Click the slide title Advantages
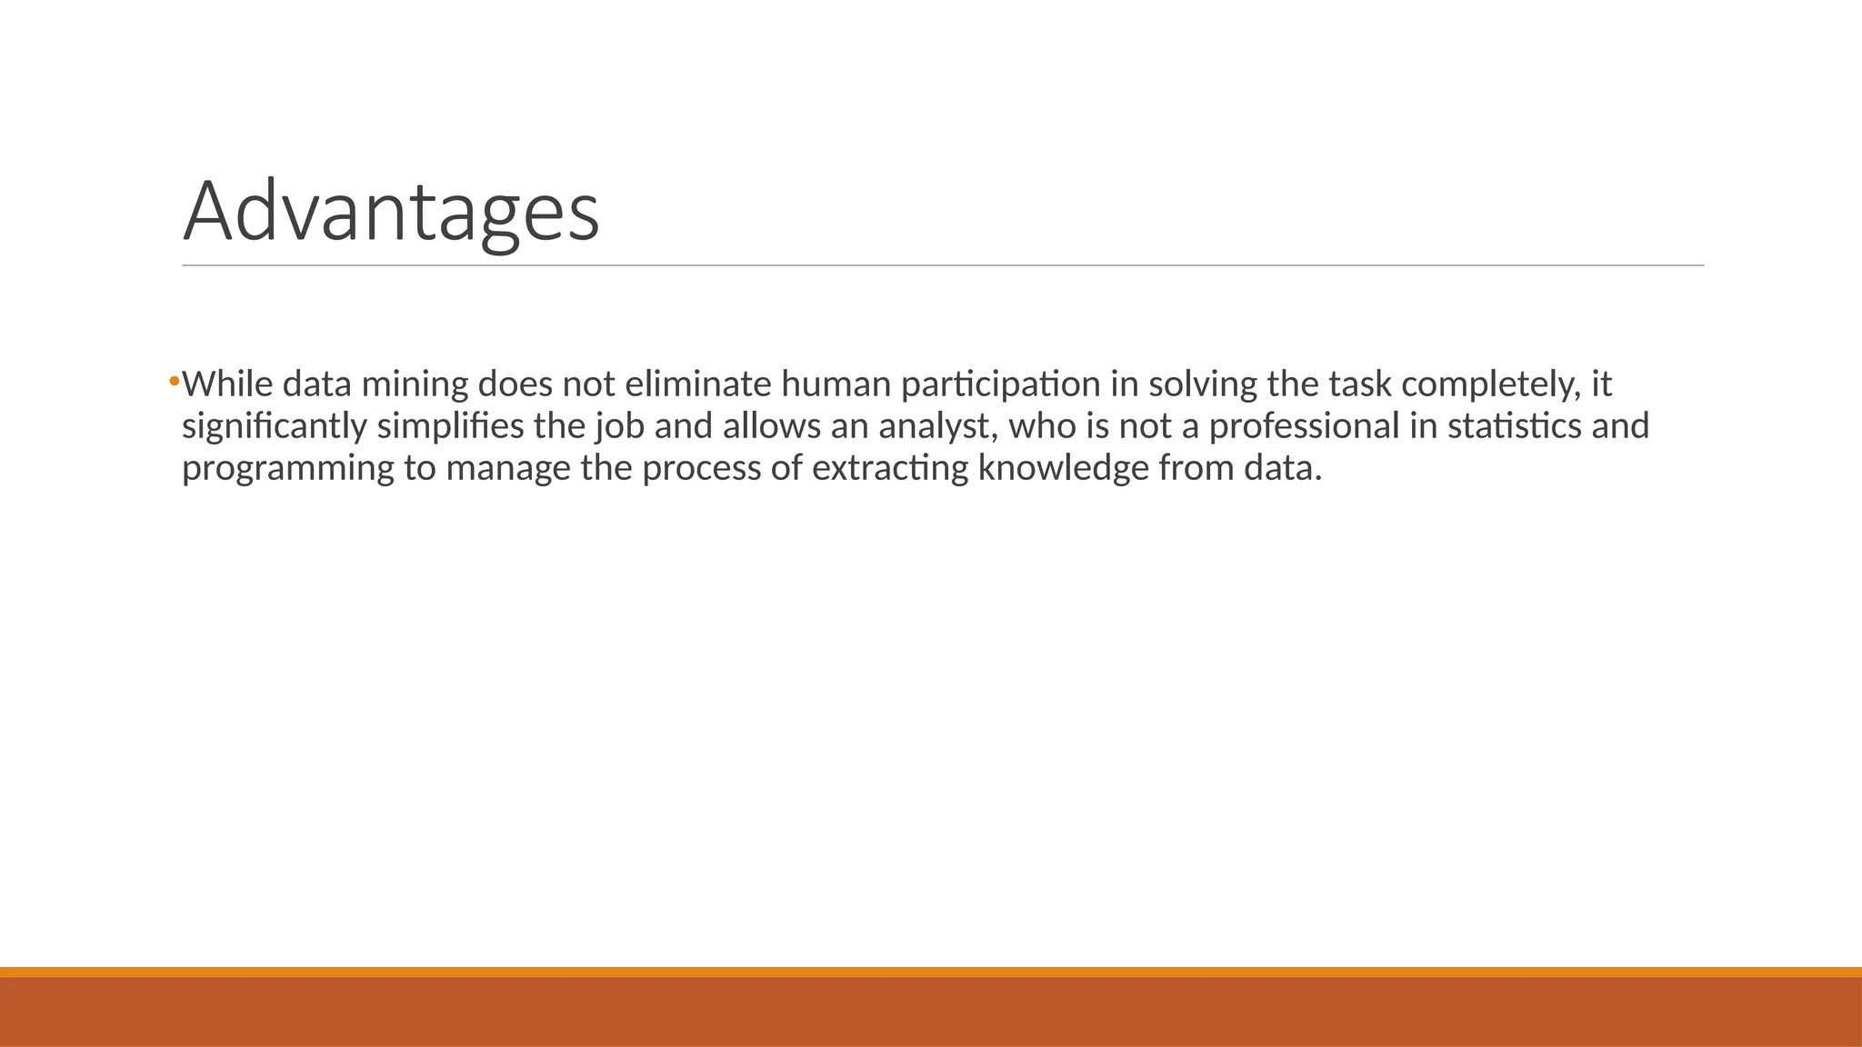[391, 212]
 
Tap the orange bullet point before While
[174, 381]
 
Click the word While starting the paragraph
[227, 384]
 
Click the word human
[836, 384]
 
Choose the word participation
[1000, 385]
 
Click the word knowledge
[1063, 469]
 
